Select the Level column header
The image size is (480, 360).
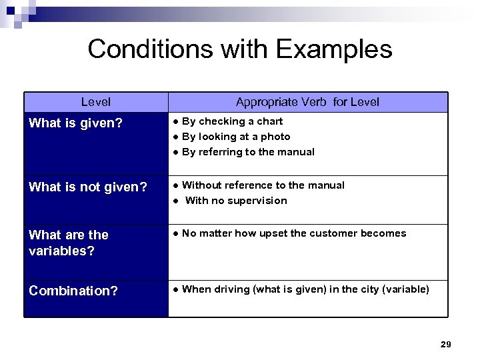[x=96, y=102]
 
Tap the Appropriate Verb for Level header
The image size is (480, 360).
[x=307, y=102]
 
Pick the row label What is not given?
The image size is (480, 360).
[x=88, y=187]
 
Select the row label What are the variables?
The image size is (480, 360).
[x=69, y=242]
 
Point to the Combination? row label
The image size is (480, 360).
[x=73, y=291]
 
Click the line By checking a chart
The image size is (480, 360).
[x=231, y=121]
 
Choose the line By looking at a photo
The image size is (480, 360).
[x=235, y=137]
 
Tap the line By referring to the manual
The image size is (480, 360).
[x=247, y=152]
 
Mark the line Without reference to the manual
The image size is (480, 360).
[x=263, y=185]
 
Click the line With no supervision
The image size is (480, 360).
[x=235, y=201]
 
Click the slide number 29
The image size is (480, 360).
[x=446, y=344]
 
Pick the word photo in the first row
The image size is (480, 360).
[x=276, y=137]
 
